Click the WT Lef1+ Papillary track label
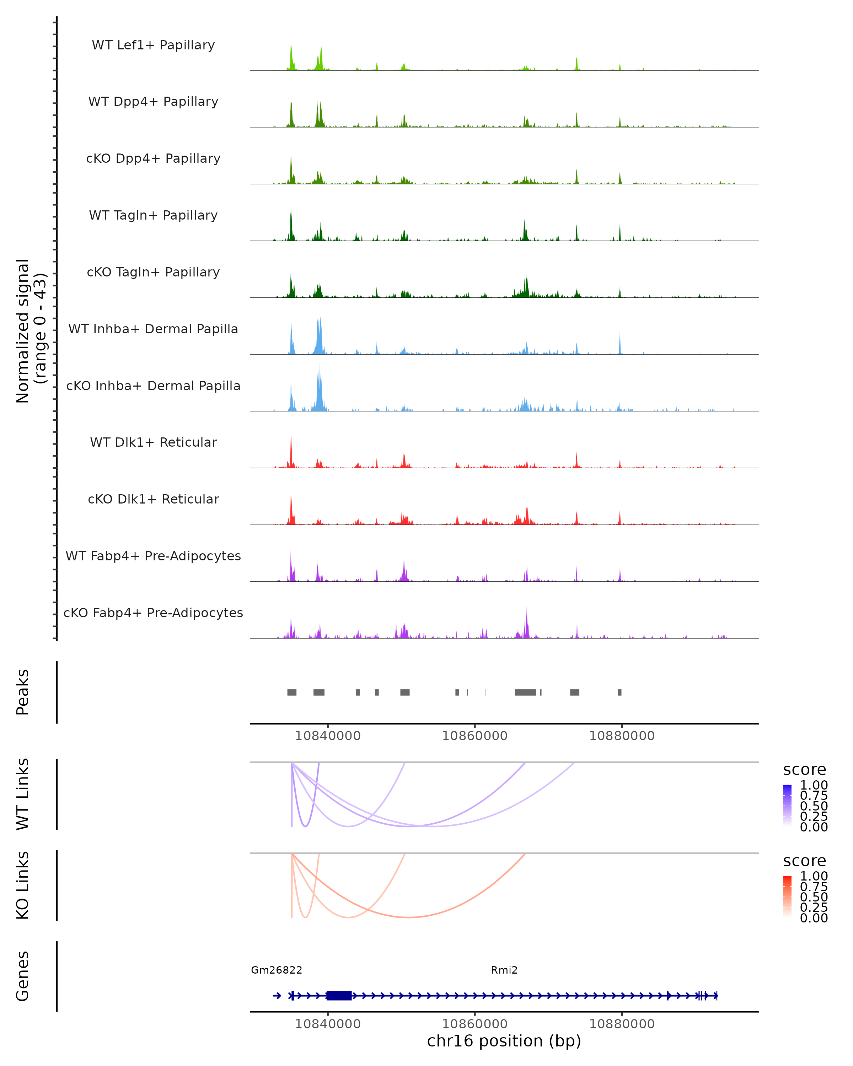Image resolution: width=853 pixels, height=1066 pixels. tap(153, 45)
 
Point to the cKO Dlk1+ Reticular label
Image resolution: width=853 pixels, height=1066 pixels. tap(153, 499)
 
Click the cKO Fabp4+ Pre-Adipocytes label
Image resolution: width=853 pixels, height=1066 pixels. tap(153, 613)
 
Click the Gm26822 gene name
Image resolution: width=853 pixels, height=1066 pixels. tap(277, 970)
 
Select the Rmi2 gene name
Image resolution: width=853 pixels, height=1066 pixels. tap(504, 970)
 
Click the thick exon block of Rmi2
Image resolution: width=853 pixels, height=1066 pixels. tap(339, 995)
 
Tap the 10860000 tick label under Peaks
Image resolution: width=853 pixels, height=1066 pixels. tap(475, 736)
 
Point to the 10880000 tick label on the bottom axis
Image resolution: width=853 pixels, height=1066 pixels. tap(622, 1024)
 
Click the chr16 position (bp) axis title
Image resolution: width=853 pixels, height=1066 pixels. tap(504, 1041)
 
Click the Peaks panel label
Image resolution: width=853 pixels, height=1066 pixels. tap(23, 692)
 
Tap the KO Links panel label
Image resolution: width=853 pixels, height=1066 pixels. tap(23, 885)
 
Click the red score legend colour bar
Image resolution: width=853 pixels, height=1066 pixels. tap(787, 897)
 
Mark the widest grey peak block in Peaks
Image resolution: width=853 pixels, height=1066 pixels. tap(525, 692)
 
